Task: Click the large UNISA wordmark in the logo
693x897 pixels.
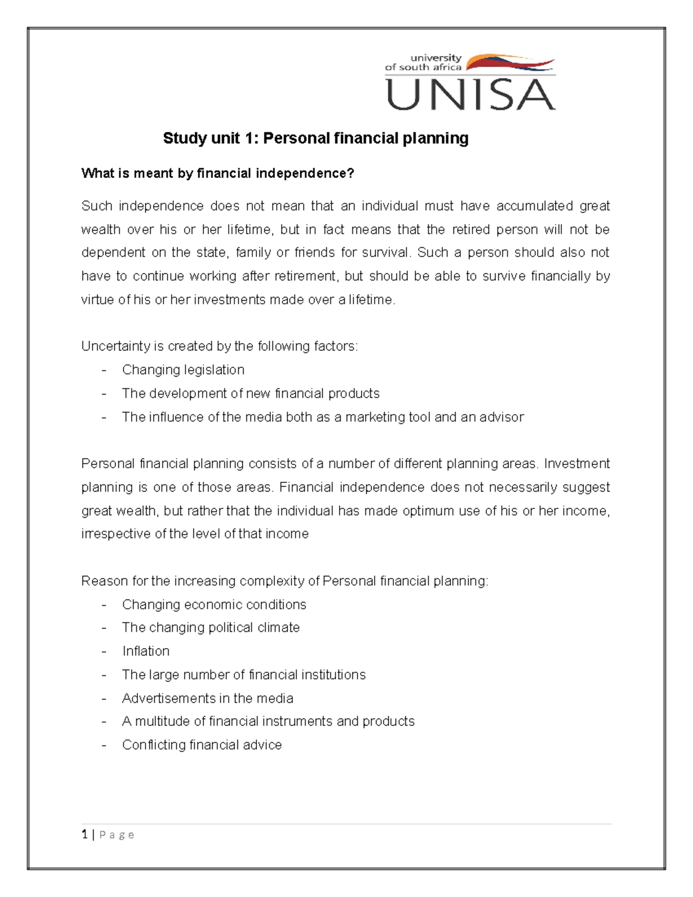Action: coord(471,95)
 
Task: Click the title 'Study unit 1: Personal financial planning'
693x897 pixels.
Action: coord(315,138)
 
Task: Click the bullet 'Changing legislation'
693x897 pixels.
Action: coord(183,370)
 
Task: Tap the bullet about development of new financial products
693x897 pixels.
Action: coord(251,393)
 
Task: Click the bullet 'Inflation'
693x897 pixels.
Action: coord(146,652)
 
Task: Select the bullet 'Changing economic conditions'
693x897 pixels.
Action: coord(214,605)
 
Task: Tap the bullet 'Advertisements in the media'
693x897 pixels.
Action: coord(207,698)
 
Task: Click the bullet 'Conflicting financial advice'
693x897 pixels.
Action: coord(202,745)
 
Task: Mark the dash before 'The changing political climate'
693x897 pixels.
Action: coord(104,628)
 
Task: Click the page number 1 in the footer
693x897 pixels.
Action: coord(85,835)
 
